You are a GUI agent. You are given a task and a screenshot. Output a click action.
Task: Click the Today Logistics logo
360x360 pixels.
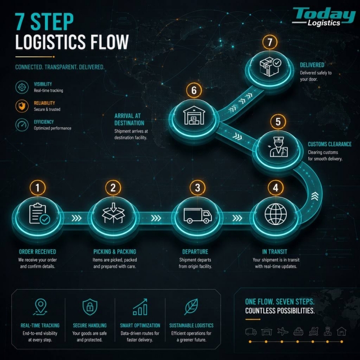[323, 16]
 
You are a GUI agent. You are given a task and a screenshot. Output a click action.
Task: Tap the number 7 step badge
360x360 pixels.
[270, 42]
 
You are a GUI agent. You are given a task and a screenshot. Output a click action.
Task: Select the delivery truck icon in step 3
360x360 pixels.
[197, 215]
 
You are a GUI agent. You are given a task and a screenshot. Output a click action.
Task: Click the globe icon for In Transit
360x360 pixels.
[276, 214]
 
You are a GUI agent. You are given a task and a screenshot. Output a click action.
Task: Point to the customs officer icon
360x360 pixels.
[278, 147]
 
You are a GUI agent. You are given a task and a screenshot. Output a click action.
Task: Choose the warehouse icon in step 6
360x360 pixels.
[194, 115]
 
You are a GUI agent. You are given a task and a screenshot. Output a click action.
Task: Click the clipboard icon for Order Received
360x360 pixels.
[39, 214]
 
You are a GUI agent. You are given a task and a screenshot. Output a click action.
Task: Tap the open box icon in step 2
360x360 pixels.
[113, 213]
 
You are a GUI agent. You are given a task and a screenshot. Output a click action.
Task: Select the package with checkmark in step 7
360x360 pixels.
[270, 66]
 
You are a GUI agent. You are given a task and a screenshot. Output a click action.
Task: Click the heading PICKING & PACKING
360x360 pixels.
[115, 251]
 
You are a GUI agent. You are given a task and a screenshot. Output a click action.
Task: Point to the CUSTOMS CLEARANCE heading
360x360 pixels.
[330, 144]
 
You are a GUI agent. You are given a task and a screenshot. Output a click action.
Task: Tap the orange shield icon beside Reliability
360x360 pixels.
[22, 106]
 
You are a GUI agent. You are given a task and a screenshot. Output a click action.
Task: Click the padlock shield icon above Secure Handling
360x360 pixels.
[90, 307]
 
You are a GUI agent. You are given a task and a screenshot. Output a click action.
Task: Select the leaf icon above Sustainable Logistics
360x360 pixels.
[191, 307]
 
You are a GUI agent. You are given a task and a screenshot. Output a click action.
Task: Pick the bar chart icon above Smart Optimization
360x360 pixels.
[140, 307]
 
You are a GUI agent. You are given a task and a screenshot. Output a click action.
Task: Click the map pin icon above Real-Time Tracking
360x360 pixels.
[40, 307]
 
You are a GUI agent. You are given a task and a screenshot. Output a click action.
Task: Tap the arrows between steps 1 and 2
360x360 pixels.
[76, 218]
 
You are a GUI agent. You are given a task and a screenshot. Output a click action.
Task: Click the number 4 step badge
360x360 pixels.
[276, 187]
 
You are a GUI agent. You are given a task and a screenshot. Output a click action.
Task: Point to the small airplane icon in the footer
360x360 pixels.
[282, 331]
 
